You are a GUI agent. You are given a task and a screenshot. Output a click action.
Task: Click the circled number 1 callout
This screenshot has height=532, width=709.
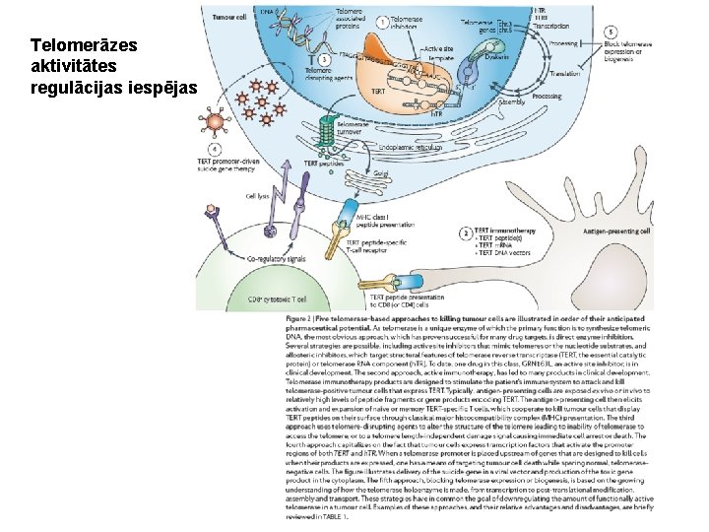[381, 21]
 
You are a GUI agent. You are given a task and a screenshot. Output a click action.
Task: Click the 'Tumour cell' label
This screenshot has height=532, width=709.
[228, 17]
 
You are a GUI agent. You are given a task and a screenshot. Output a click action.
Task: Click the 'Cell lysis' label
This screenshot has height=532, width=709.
[257, 195]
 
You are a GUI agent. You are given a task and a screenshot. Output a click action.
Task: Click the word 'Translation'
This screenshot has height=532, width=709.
[564, 75]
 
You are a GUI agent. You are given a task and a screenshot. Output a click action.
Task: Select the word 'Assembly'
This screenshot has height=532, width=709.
[511, 101]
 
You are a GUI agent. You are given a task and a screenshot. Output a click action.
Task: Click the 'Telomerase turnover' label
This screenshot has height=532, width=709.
[353, 128]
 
